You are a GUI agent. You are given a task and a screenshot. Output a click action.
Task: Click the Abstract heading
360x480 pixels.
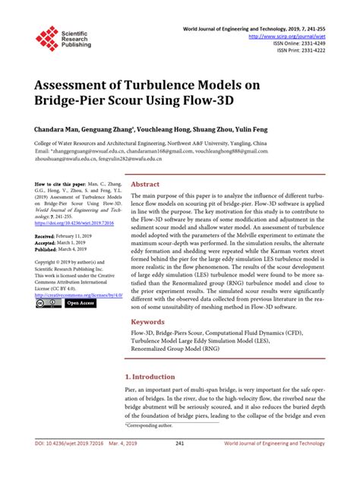(x=145, y=184)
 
